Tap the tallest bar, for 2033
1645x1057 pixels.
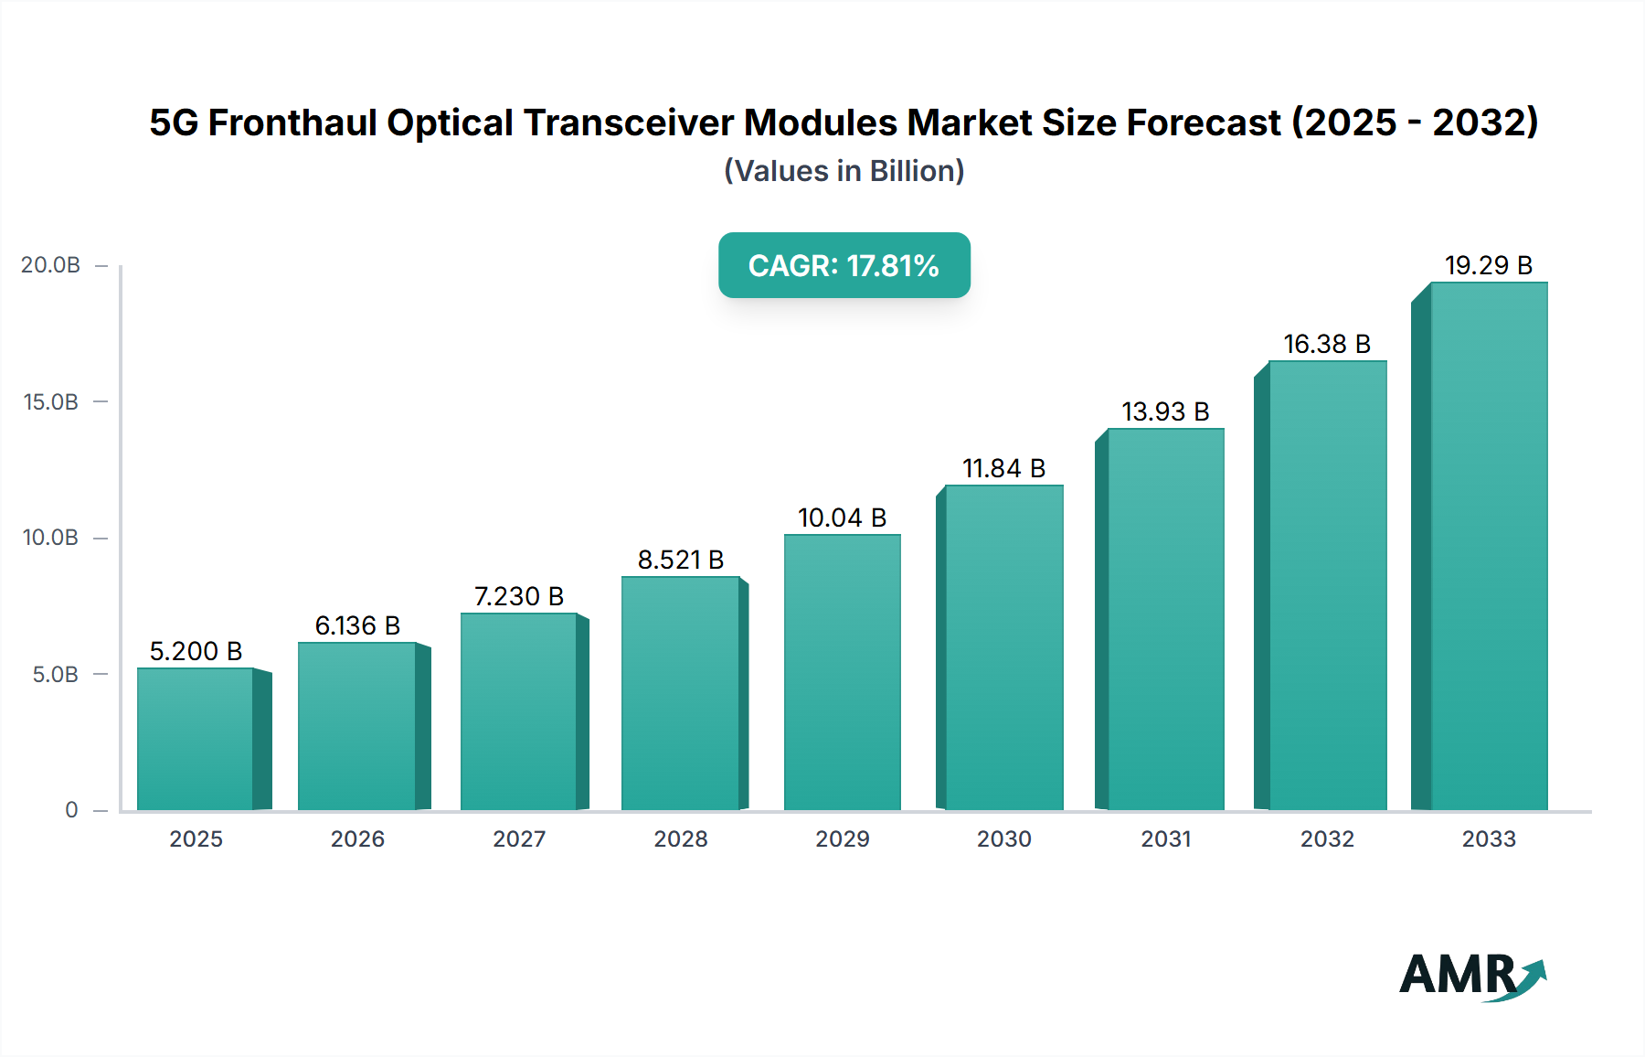[x=1488, y=546]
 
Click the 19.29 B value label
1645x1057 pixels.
[x=1488, y=265]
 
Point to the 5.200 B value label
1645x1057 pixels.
[x=196, y=651]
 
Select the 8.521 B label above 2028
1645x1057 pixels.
[x=680, y=560]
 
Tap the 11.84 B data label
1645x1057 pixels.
[x=1003, y=468]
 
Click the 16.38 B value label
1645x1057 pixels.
[x=1327, y=344]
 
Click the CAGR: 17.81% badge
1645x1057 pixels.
[x=844, y=265]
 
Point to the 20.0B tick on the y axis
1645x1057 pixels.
[x=50, y=265]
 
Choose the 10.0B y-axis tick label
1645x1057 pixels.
[x=50, y=538]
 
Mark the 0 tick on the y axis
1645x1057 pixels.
[x=71, y=810]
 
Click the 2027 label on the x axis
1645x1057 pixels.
[x=519, y=838]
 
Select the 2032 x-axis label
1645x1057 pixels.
[x=1327, y=838]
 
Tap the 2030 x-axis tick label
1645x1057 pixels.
[x=1003, y=838]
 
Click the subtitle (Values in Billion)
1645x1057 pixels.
[x=844, y=171]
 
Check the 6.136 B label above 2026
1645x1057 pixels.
[x=357, y=625]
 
